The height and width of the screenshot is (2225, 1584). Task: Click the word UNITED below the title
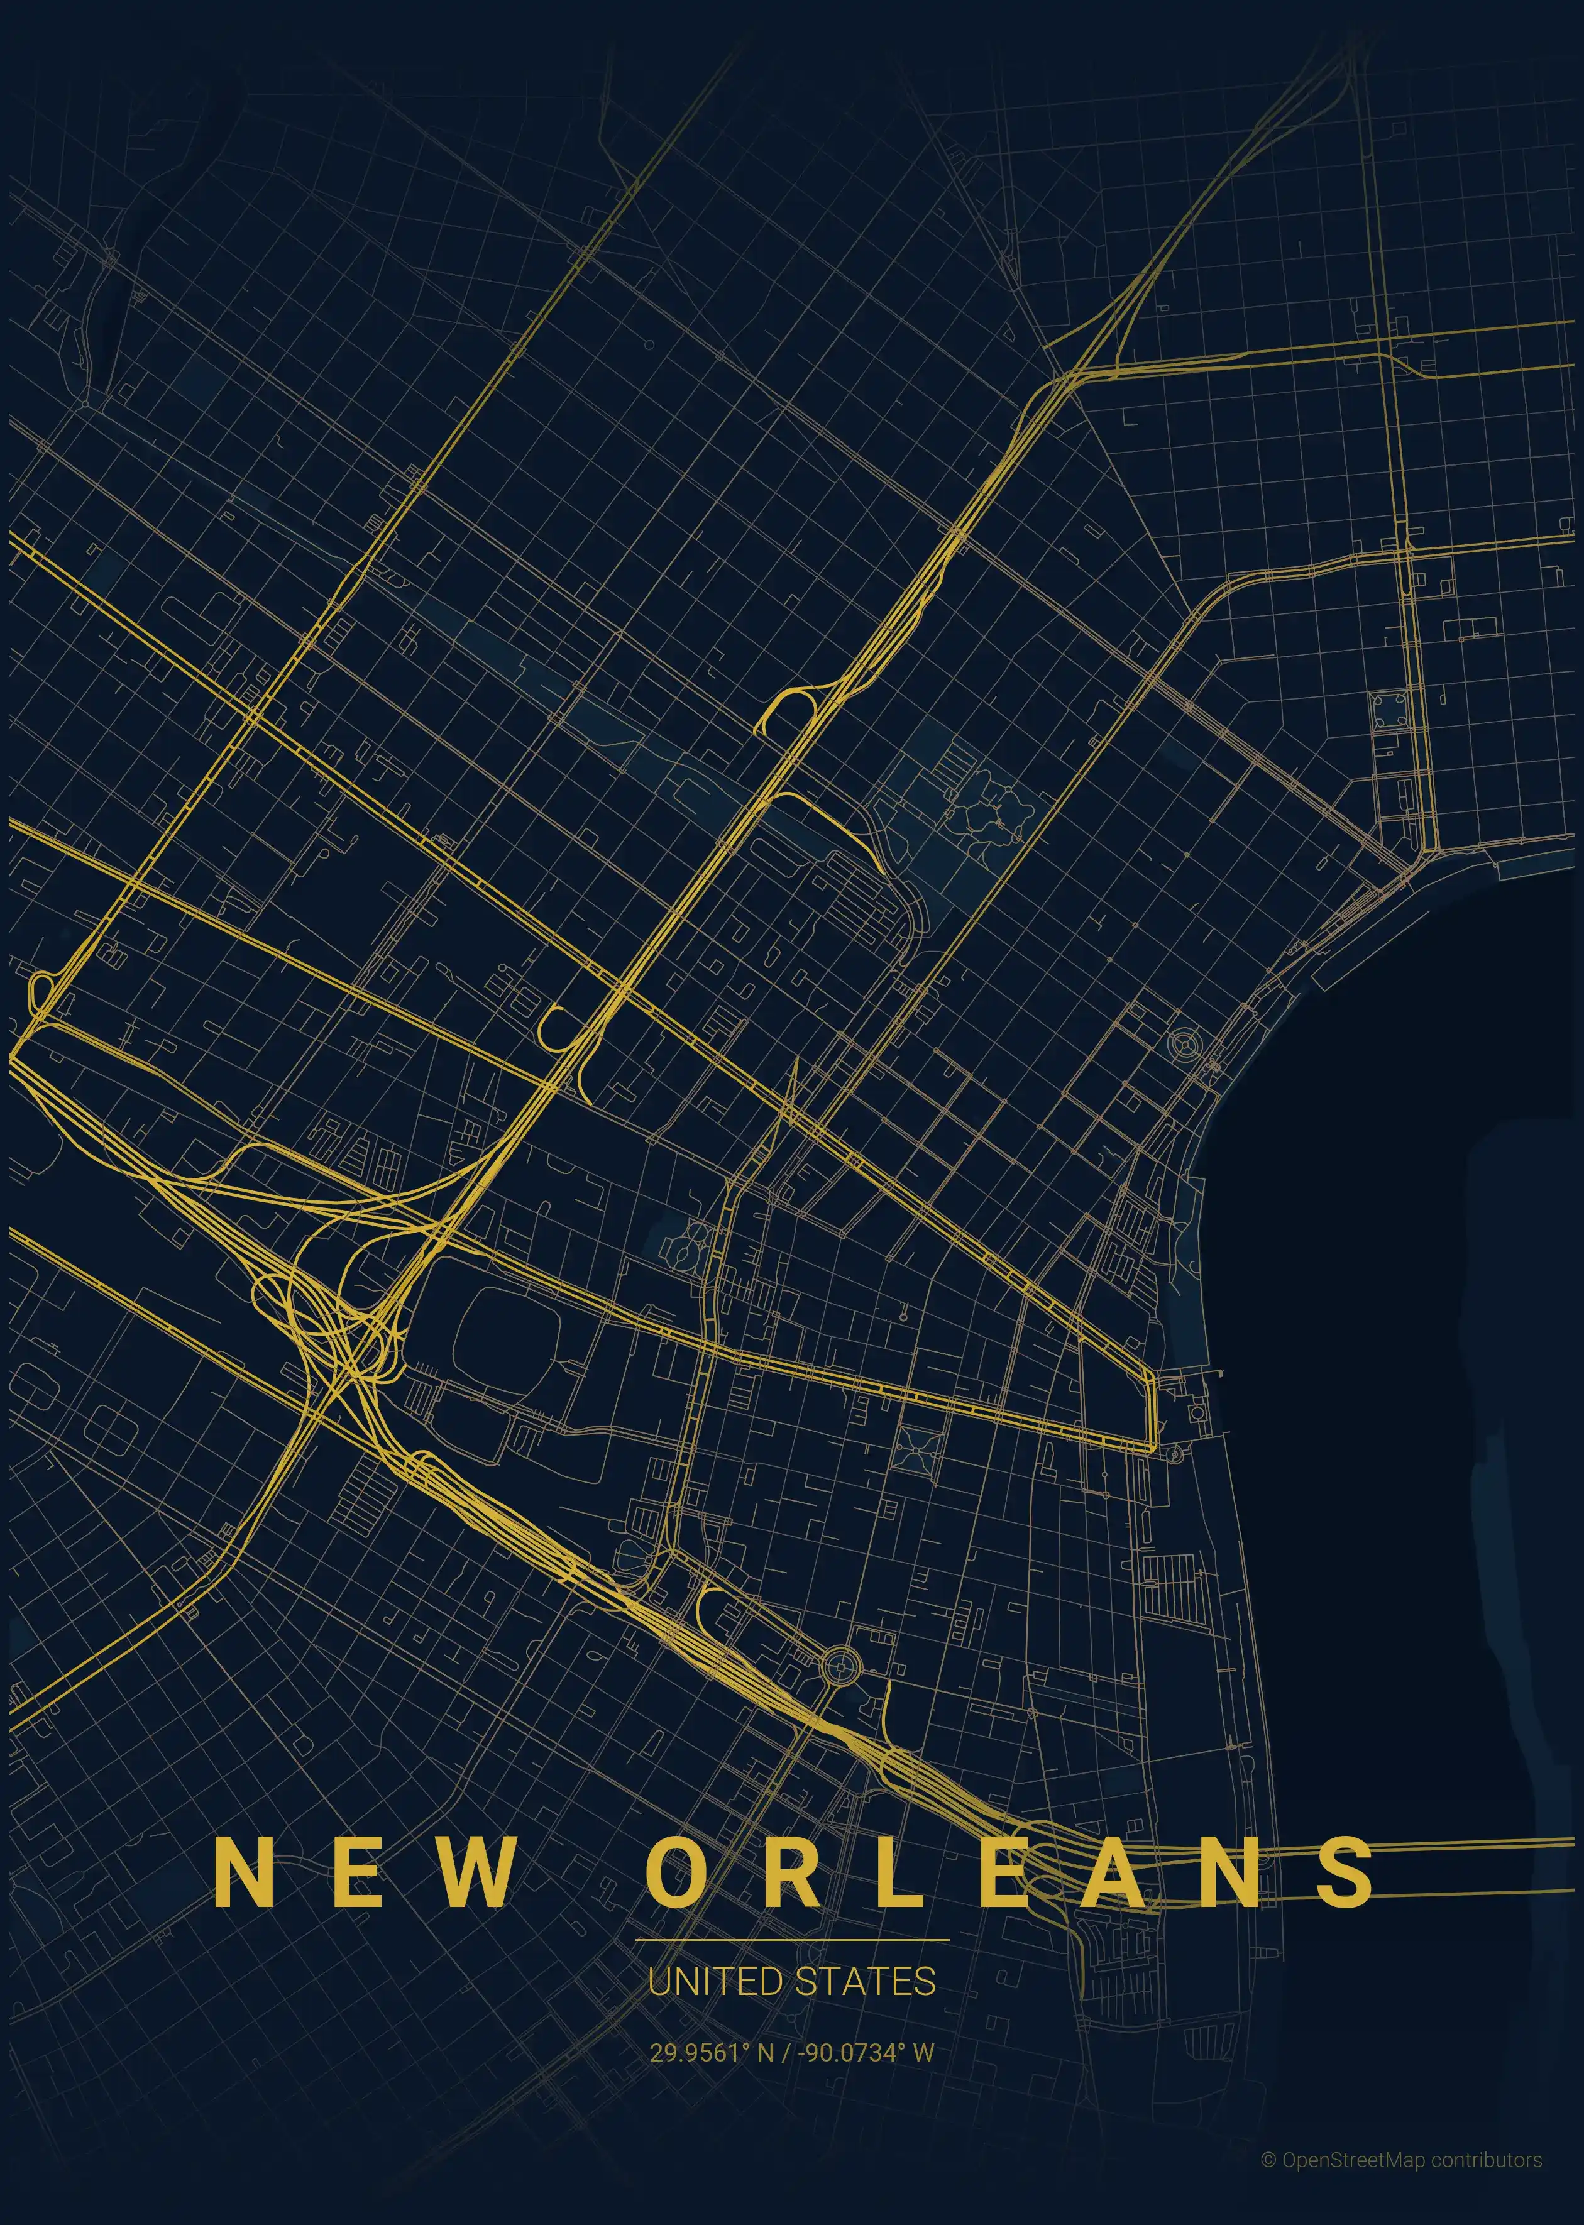[x=715, y=1981]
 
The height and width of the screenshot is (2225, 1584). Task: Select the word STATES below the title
[x=864, y=1981]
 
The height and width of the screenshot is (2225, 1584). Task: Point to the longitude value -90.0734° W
[x=865, y=2052]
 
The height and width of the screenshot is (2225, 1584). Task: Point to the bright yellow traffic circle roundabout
[x=837, y=1666]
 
